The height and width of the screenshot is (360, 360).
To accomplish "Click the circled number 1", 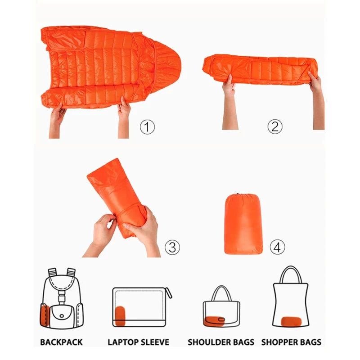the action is pyautogui.click(x=147, y=127).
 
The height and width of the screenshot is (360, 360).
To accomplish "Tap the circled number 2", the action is pyautogui.click(x=275, y=126).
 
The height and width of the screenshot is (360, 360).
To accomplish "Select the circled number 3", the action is pyautogui.click(x=172, y=247).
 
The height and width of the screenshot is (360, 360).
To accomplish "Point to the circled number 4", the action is pyautogui.click(x=277, y=247).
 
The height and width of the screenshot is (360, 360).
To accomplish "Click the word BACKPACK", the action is pyautogui.click(x=61, y=342).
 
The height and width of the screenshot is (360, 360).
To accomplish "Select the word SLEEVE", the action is pyautogui.click(x=154, y=342).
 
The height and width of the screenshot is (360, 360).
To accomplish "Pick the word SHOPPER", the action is pyautogui.click(x=277, y=342).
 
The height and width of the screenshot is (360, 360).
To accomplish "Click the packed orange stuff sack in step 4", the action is pyautogui.click(x=243, y=224).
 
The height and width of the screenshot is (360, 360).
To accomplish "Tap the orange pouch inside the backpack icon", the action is pyautogui.click(x=44, y=315).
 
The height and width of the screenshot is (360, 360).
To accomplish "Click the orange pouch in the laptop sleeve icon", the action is pyautogui.click(x=120, y=316).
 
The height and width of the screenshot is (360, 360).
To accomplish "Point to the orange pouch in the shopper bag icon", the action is pyautogui.click(x=291, y=321).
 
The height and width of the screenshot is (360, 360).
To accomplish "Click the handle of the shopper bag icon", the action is pyautogui.click(x=291, y=267).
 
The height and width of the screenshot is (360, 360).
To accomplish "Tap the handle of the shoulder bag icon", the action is pyautogui.click(x=221, y=287).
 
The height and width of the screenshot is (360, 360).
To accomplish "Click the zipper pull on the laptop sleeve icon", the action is pyautogui.click(x=169, y=293).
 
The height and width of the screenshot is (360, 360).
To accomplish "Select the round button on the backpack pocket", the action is pyautogui.click(x=62, y=316).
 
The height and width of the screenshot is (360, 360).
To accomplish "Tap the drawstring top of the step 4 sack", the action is pyautogui.click(x=243, y=195).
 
